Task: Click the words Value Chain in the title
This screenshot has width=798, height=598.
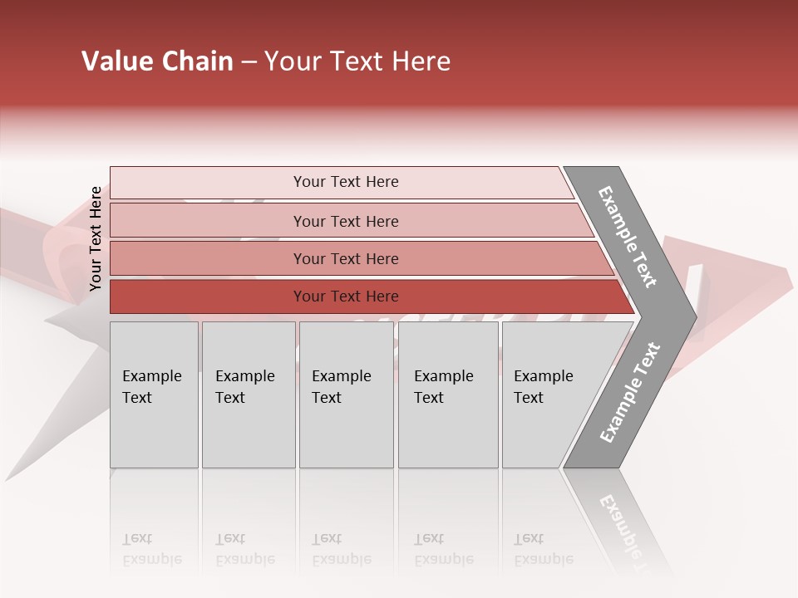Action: [157, 61]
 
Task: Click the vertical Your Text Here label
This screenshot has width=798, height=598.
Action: [96, 238]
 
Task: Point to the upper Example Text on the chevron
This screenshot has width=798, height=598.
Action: [628, 237]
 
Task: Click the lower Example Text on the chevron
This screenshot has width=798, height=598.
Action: [630, 392]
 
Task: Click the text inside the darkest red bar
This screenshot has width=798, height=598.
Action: [346, 297]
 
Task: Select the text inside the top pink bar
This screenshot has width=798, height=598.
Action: [346, 182]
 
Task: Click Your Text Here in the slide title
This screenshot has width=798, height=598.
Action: [357, 61]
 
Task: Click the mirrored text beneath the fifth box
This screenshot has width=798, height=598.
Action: [543, 549]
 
